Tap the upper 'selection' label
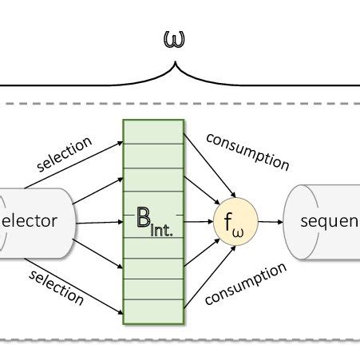pos(65,154)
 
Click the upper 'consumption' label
pos(247,151)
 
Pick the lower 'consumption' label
pos(246,284)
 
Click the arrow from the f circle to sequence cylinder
pos(270,223)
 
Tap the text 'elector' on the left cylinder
pos(29,221)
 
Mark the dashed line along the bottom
pos(180,340)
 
